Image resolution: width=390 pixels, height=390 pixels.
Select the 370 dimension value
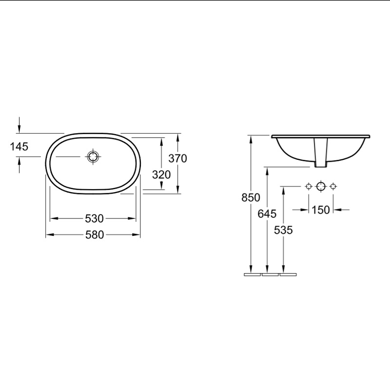click(177, 158)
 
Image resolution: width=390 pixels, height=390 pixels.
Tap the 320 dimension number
click(161, 174)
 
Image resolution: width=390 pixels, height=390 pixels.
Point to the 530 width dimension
click(94, 218)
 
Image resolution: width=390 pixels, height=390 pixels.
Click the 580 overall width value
click(94, 234)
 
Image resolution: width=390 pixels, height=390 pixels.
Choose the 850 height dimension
click(251, 197)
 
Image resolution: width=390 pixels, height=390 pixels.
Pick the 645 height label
click(267, 214)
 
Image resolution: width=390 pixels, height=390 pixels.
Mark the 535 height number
click(283, 230)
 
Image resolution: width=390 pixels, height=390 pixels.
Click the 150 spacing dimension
click(321, 210)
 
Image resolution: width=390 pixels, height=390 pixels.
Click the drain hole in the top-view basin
click(93, 156)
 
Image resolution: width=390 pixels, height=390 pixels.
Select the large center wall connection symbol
click(321, 186)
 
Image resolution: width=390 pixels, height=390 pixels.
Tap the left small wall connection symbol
click(308, 186)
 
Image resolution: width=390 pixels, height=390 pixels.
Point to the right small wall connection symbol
click(333, 186)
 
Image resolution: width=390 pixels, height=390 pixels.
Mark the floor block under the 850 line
click(252, 274)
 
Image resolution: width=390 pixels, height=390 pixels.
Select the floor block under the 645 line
click(270, 274)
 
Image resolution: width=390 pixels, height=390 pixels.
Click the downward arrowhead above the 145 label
click(19, 128)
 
